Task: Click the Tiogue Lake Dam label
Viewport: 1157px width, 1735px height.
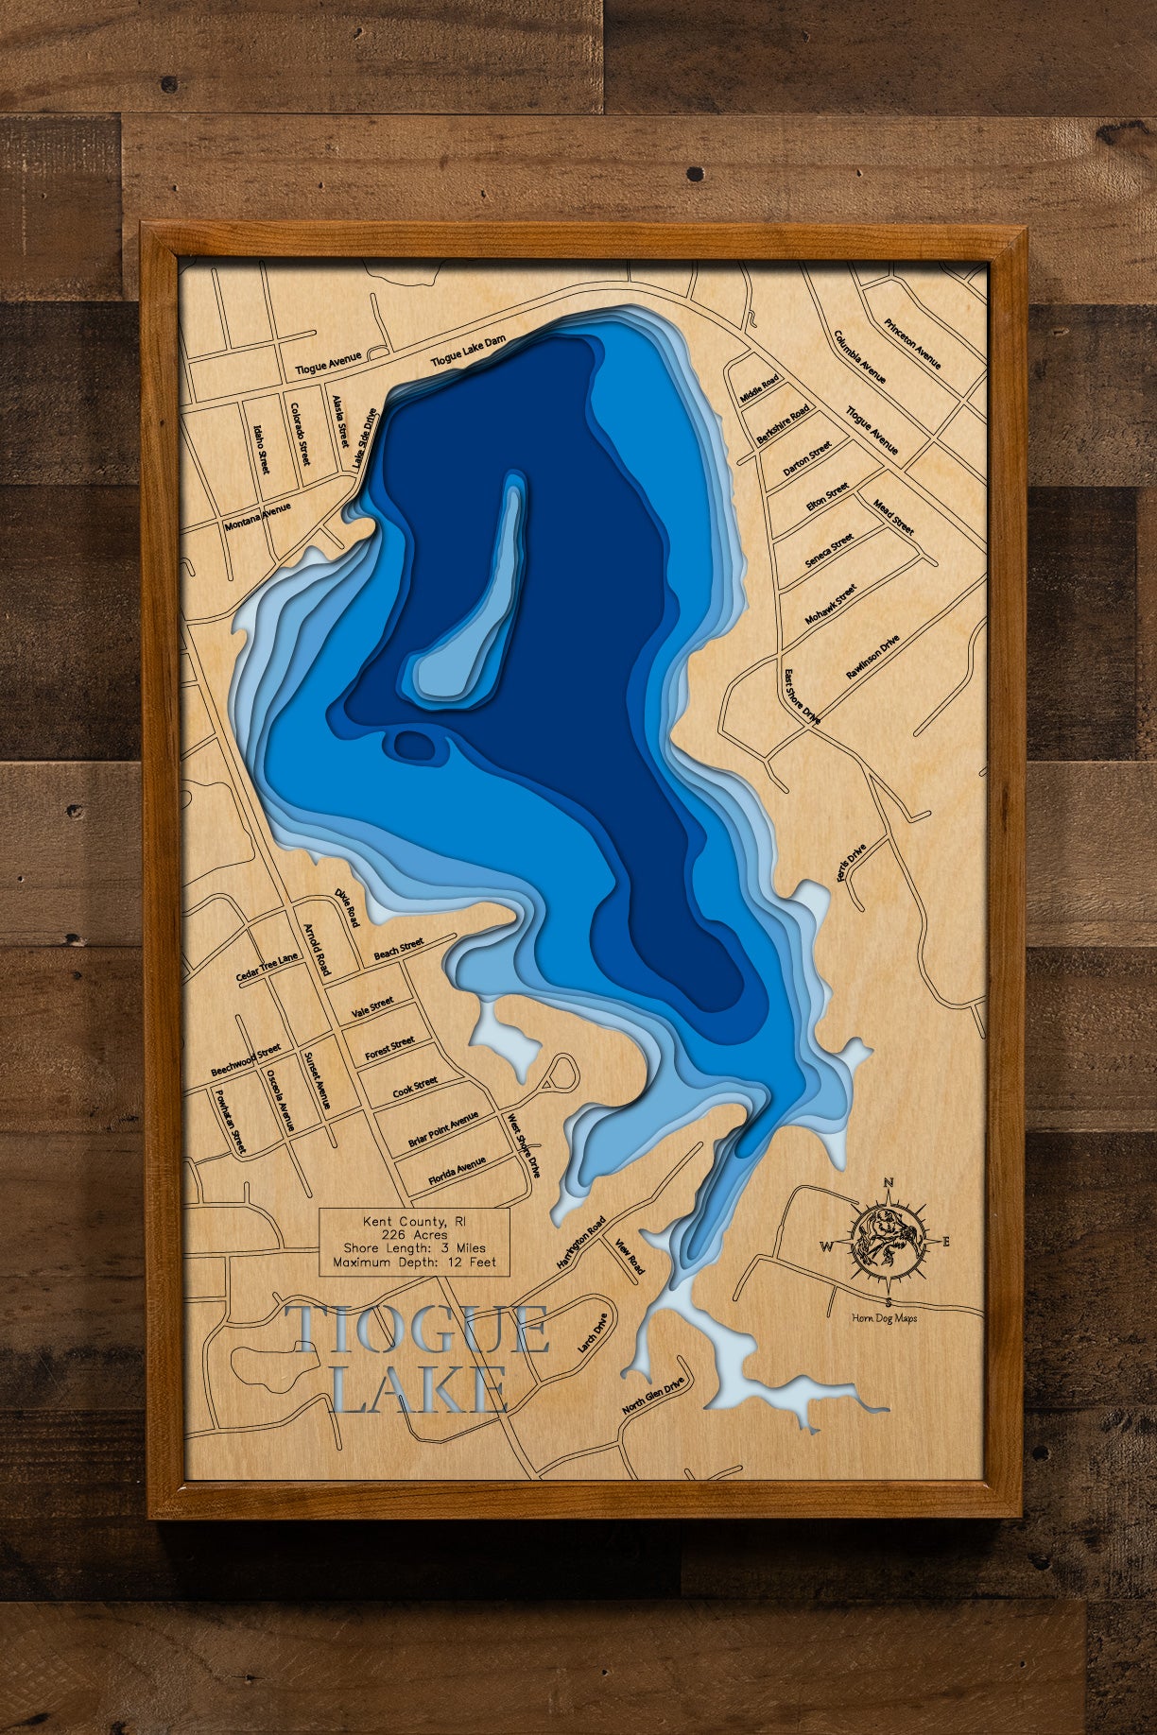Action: point(469,351)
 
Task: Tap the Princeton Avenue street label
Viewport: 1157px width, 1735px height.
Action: point(912,344)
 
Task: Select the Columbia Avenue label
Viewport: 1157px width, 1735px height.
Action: point(859,357)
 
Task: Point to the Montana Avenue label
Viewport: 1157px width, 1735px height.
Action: point(257,517)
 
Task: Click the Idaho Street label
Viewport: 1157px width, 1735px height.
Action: point(261,449)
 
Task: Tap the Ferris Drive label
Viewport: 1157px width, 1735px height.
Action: point(851,864)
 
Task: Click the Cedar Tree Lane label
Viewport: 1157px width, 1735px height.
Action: point(267,967)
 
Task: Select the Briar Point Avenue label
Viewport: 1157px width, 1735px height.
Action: point(443,1130)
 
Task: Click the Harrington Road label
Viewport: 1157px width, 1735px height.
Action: point(580,1243)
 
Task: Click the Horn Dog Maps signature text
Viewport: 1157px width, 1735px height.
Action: point(884,1318)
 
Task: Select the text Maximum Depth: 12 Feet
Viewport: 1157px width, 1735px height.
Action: point(414,1262)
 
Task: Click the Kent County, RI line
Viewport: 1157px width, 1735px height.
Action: point(414,1222)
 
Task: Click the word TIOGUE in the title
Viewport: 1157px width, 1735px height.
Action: point(417,1330)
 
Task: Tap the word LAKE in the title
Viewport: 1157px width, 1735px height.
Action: point(420,1389)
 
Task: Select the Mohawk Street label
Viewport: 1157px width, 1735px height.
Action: point(830,605)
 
